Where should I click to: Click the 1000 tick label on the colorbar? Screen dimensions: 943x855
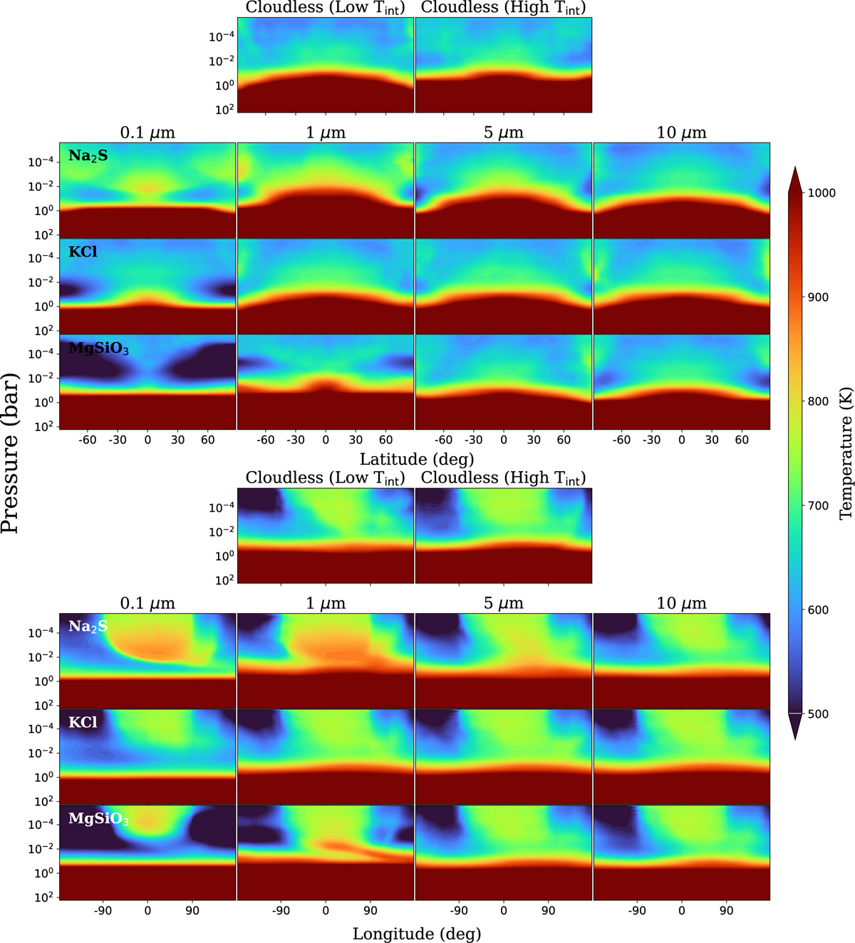(822, 193)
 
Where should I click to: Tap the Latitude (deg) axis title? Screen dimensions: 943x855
(416, 459)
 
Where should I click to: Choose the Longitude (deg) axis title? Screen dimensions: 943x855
(416, 933)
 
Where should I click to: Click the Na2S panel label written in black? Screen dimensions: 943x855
(88, 155)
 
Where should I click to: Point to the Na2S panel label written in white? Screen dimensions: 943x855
(88, 627)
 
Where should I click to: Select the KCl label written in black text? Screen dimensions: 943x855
(83, 252)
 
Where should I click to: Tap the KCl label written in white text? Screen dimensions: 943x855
(83, 722)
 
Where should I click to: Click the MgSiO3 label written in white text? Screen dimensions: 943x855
(98, 819)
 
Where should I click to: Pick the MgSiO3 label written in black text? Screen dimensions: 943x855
(98, 349)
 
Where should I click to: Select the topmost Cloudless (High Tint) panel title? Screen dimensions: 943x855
(503, 8)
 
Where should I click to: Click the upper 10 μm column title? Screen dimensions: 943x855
(681, 133)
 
